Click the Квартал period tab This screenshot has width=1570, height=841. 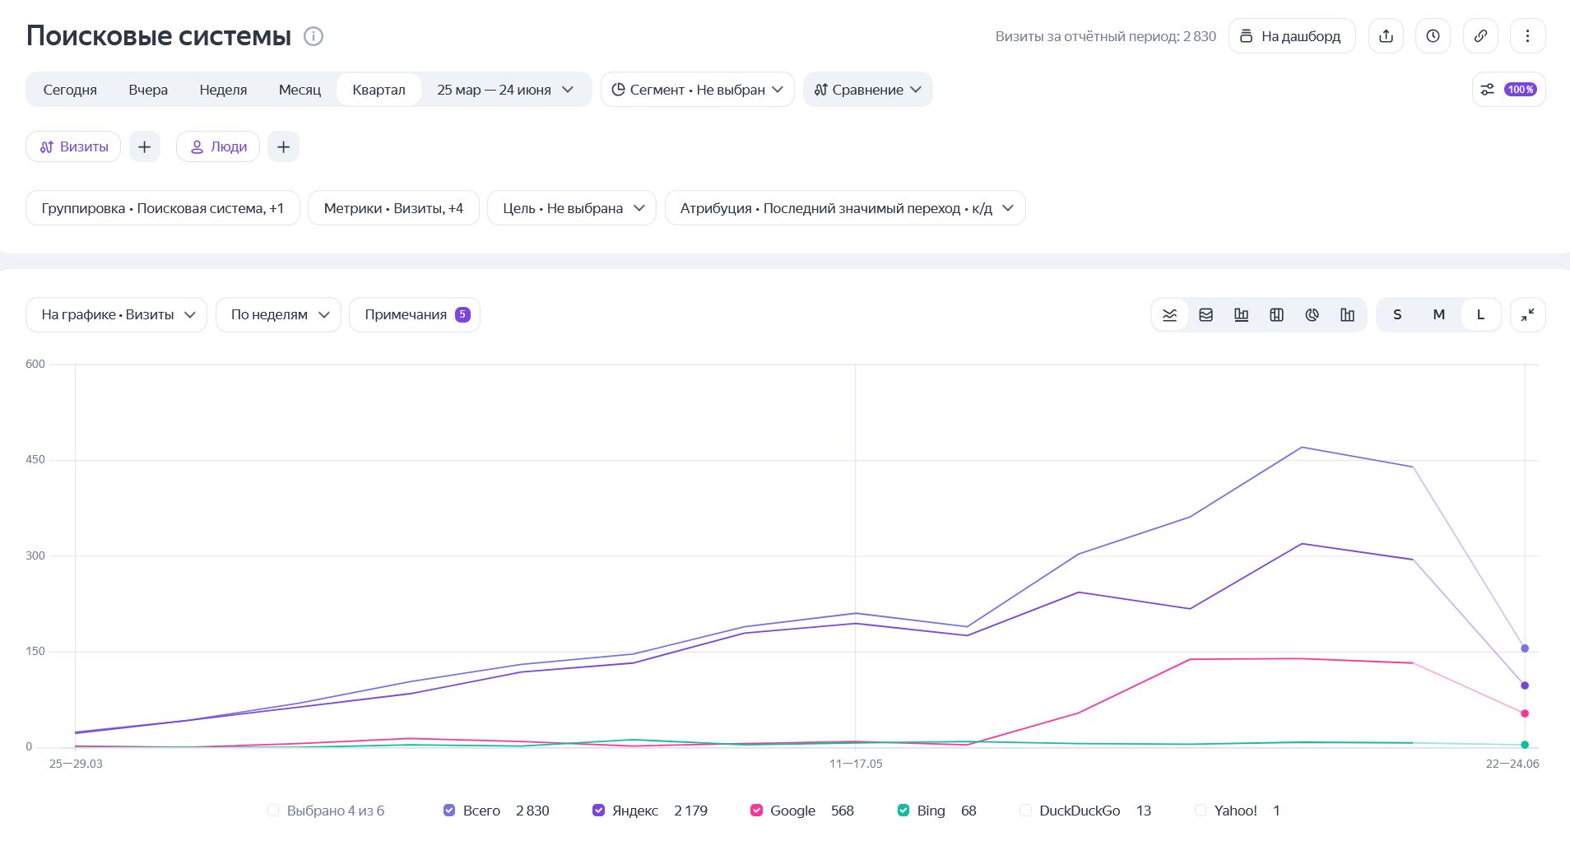coord(379,90)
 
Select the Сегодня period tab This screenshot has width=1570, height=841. coord(70,90)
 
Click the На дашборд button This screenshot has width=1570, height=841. coord(1292,36)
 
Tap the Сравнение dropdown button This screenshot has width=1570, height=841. coord(867,90)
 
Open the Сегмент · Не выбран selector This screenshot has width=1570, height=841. coord(697,90)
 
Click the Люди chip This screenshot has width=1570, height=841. coord(218,146)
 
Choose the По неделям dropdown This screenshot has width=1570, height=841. coord(278,314)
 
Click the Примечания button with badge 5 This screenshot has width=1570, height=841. coord(415,314)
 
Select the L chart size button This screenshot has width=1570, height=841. coord(1480,314)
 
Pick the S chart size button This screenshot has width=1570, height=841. coord(1397,314)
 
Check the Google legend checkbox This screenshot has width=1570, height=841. coord(756,811)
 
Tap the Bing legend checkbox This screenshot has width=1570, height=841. coord(903,811)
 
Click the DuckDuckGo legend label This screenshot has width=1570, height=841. coord(1080,811)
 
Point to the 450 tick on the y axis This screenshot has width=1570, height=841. coord(35,460)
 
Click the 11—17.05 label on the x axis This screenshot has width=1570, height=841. coord(856,764)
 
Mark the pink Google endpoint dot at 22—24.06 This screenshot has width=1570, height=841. coord(1525,713)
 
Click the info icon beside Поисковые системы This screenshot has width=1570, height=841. coord(314,36)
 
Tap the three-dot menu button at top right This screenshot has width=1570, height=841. coord(1527,36)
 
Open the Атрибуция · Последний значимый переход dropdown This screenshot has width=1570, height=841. coord(845,208)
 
